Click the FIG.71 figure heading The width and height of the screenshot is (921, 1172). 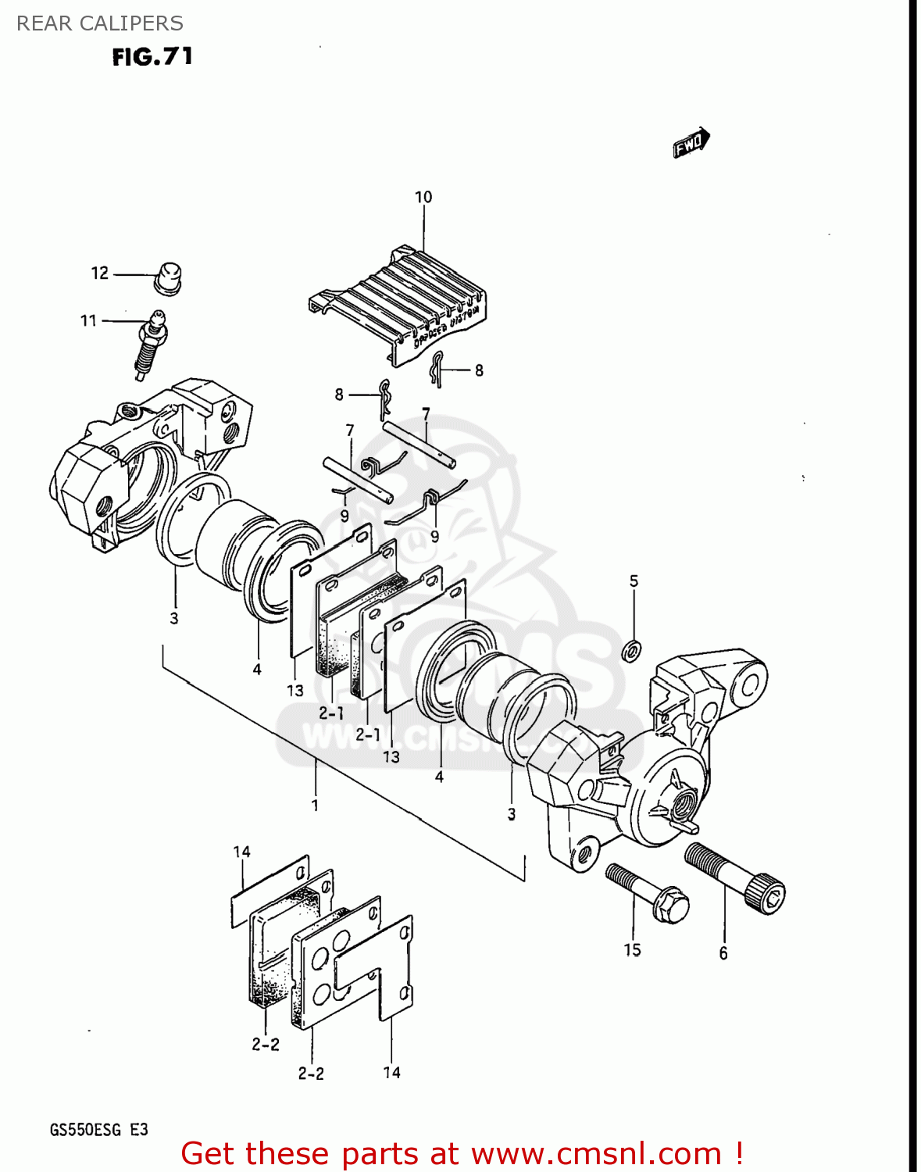[152, 57]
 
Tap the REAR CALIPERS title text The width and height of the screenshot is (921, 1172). [100, 23]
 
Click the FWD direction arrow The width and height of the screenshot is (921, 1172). [691, 143]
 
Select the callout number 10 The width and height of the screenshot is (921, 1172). [423, 197]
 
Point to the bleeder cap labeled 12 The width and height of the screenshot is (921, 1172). [168, 278]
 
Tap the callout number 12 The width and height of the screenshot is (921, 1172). [100, 273]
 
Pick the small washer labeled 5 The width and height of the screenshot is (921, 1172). [632, 649]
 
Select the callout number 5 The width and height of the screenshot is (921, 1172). [634, 581]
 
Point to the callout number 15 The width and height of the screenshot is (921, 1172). [632, 949]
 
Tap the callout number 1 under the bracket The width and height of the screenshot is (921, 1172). [315, 804]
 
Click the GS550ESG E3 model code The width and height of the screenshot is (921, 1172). [98, 1130]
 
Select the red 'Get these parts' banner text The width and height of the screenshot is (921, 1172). [461, 1153]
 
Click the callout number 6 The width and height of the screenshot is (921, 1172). [723, 952]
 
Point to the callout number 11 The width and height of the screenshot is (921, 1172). [88, 320]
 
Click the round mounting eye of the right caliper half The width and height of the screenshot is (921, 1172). [748, 686]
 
